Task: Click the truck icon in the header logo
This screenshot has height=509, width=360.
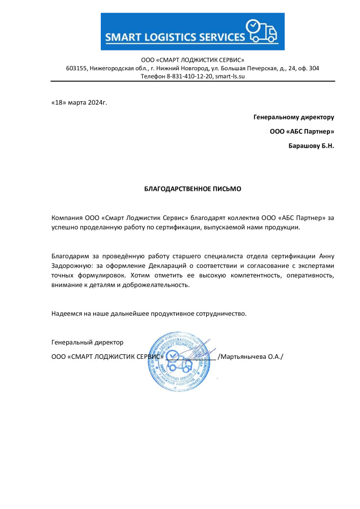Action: pos(262,32)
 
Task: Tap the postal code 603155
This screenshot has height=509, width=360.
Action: pos(77,68)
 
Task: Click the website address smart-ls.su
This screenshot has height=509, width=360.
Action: pos(230,76)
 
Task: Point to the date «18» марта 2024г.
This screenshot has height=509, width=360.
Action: pos(79,102)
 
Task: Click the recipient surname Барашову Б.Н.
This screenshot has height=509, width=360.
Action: pos(311,146)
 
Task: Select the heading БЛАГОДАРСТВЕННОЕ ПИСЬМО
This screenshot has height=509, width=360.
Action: pos(193,188)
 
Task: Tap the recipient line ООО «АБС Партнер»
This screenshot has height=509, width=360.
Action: pos(302,131)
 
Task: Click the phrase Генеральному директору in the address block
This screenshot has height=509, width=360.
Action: pos(294,117)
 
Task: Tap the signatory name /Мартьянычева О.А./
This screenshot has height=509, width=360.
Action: pos(250,356)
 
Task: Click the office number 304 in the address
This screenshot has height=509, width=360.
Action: pos(314,68)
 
